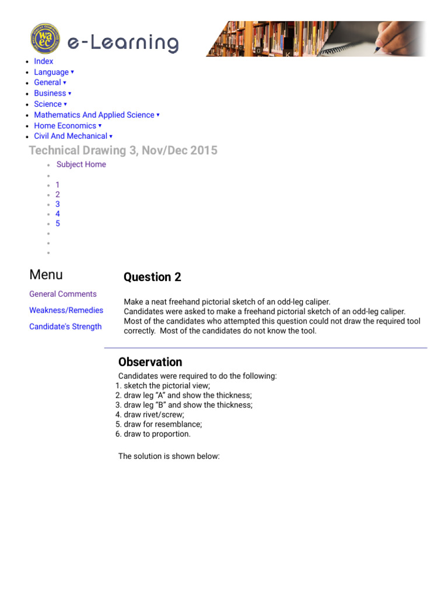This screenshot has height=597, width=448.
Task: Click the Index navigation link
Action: (44, 61)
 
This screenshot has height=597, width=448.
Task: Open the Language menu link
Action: (51, 72)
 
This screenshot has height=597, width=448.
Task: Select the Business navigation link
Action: (50, 93)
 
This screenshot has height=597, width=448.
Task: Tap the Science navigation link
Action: (48, 104)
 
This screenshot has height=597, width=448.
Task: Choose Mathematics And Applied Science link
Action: (94, 115)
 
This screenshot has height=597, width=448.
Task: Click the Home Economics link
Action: (65, 126)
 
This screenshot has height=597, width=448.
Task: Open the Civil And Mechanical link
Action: (71, 136)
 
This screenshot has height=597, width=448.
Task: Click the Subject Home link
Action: (81, 164)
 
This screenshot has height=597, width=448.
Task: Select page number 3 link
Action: (58, 204)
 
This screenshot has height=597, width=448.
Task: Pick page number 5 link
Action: (58, 223)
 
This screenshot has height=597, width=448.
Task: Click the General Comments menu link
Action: (63, 294)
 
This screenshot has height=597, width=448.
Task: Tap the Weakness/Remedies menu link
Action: (66, 311)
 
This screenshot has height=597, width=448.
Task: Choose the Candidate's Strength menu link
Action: (65, 327)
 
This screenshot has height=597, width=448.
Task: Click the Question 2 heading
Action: (152, 278)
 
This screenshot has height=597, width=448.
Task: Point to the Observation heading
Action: (150, 362)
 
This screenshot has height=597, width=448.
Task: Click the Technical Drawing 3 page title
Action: (123, 150)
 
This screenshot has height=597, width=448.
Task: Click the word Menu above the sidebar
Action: (46, 275)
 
